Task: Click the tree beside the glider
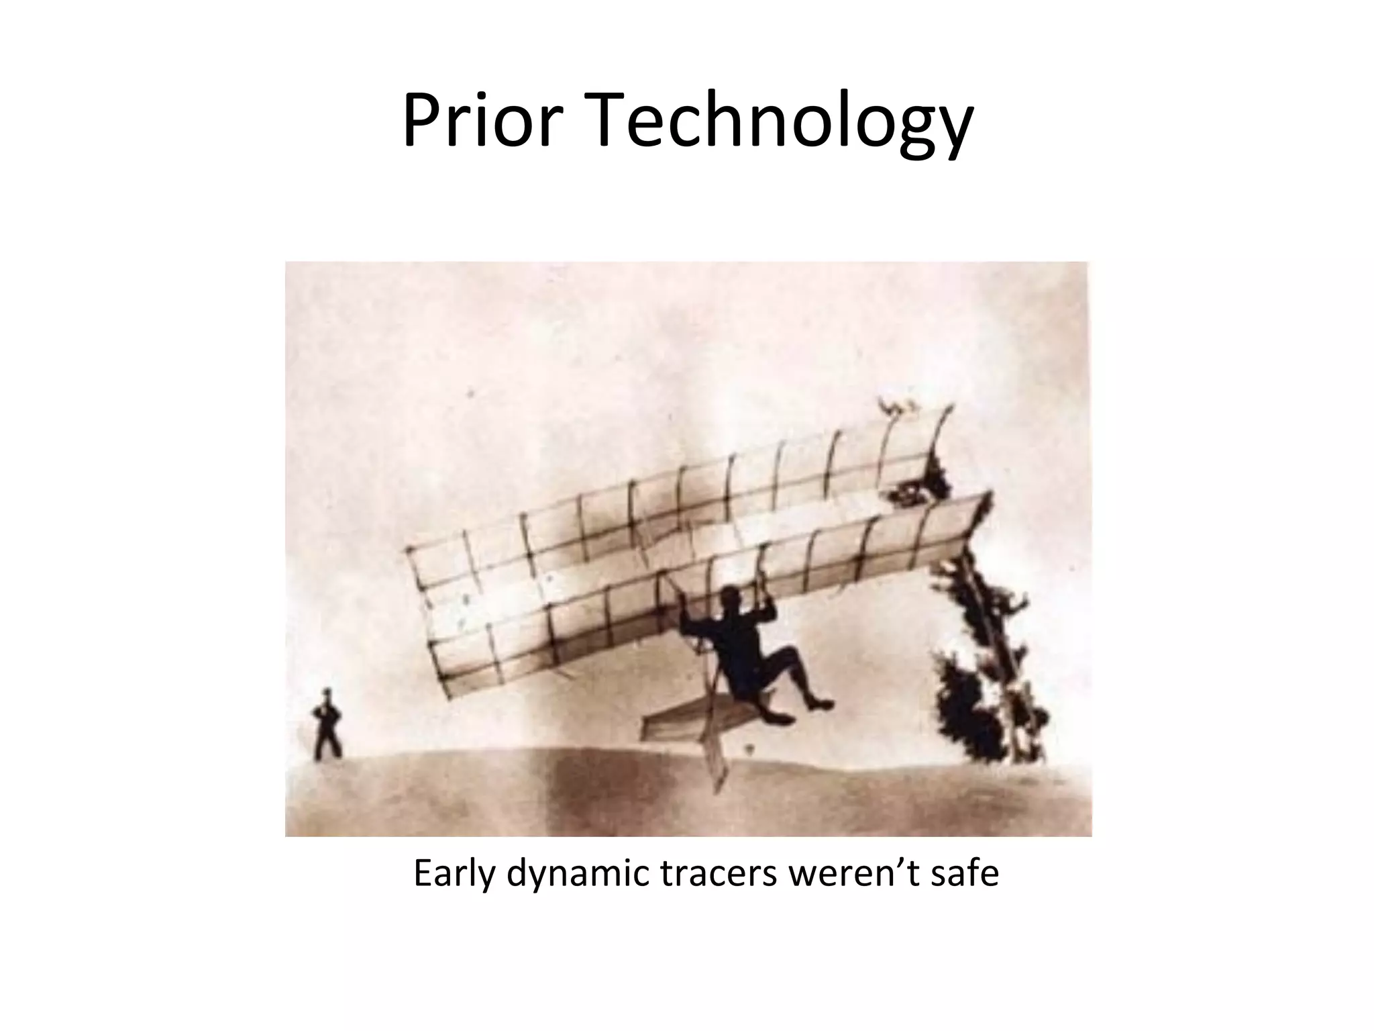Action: (x=986, y=658)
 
